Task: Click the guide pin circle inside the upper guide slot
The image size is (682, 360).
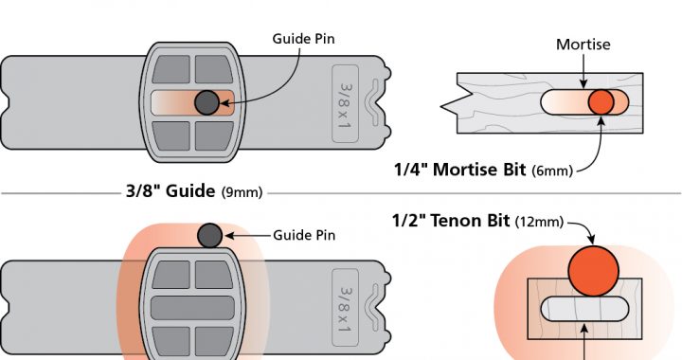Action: tap(206, 102)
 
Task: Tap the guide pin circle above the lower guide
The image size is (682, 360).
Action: tap(209, 236)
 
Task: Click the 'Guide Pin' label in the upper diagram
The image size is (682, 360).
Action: tap(304, 39)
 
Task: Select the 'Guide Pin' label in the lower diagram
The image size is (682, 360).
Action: tap(304, 235)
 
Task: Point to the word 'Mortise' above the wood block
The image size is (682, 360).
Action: tap(583, 45)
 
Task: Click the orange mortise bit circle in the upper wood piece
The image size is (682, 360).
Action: tap(601, 102)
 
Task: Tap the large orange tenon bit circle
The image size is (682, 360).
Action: tap(593, 271)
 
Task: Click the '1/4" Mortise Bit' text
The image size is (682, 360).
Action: tap(459, 170)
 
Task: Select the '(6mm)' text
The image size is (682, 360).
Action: tap(552, 171)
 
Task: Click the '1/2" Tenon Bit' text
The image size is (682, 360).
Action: tap(451, 221)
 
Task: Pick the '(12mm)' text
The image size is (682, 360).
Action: tap(539, 222)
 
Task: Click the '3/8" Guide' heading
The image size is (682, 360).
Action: tap(170, 190)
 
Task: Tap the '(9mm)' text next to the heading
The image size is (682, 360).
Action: tap(242, 192)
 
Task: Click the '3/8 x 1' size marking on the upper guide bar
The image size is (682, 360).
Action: tap(346, 104)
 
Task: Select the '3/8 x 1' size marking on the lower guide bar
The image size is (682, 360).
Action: tap(346, 309)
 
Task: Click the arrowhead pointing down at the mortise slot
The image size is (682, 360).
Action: tap(583, 84)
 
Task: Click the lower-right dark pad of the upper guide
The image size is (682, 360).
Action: tap(214, 136)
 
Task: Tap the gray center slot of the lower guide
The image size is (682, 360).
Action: tap(192, 308)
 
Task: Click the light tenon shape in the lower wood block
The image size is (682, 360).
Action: tap(584, 309)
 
